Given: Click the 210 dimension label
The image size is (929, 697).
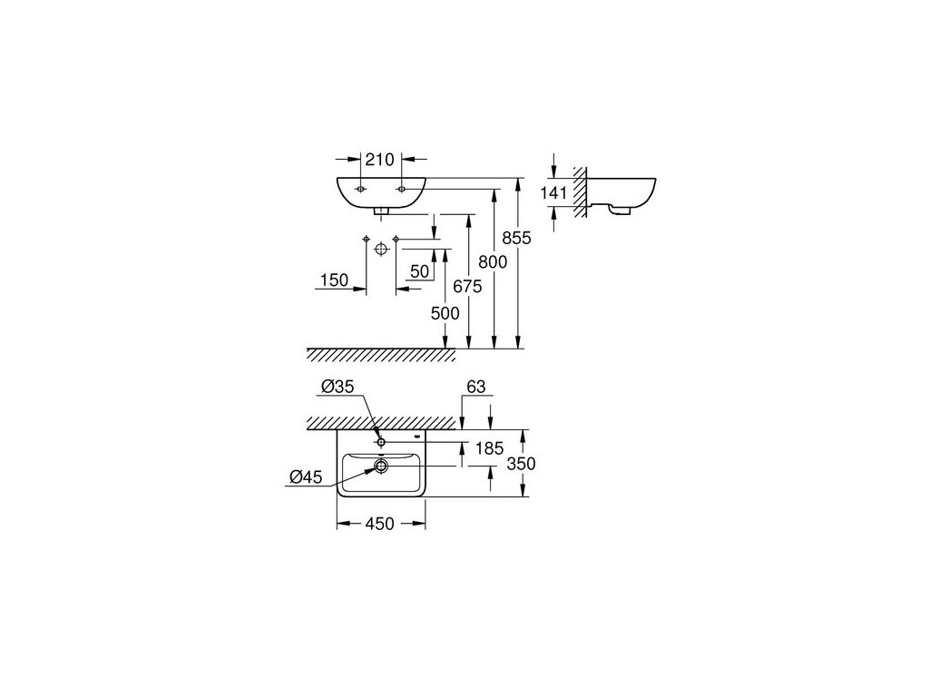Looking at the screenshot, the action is coord(380,161).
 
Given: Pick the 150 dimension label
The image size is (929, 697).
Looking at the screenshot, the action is coord(334,280).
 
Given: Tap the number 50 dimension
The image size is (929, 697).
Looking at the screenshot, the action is coord(419,270).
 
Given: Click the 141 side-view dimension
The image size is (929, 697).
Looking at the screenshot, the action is coord(553,192).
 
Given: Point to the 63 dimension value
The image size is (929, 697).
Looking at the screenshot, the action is coord(476,388).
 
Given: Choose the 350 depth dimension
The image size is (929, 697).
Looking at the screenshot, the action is coord(521,463).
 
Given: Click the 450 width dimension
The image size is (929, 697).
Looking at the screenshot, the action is coord(379,524).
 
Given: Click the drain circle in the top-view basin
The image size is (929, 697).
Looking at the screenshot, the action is coord(380,466).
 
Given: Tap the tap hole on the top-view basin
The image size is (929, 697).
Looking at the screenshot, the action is coord(381,442).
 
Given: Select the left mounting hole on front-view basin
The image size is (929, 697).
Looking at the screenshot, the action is coord(360,189).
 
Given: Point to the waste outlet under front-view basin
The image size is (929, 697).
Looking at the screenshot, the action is coord(381,211).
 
